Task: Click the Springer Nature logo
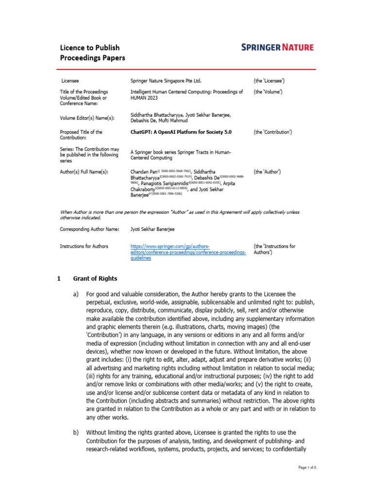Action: click(277, 47)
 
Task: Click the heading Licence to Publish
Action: click(89, 48)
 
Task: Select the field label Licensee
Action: click(70, 80)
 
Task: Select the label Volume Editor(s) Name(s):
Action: click(87, 117)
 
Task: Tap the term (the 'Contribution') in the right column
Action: click(272, 132)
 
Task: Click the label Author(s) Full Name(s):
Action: click(84, 172)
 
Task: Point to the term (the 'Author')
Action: click(267, 172)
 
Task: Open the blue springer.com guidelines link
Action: click(188, 252)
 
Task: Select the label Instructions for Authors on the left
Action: click(84, 247)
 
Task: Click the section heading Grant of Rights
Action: click(95, 279)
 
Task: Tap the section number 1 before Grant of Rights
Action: click(59, 279)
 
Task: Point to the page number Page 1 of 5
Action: click(307, 467)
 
